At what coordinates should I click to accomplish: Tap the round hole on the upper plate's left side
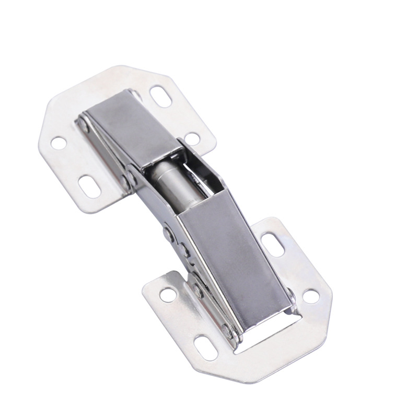pyautogui.click(x=59, y=141)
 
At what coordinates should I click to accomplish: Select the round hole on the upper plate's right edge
pyautogui.click(x=192, y=139)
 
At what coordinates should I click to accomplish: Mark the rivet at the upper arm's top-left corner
pyautogui.click(x=82, y=124)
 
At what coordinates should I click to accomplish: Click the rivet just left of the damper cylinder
pyautogui.click(x=127, y=180)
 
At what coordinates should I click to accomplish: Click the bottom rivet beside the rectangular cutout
pyautogui.click(x=226, y=330)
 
